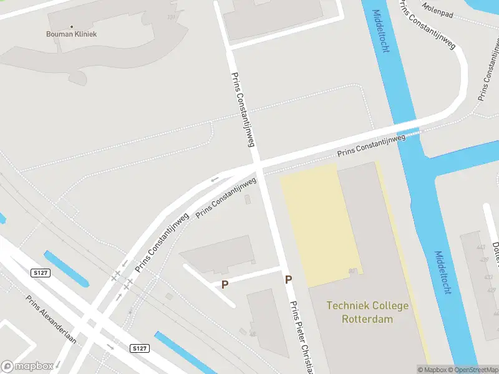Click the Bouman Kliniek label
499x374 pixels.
71,34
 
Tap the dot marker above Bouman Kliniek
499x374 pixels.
71,27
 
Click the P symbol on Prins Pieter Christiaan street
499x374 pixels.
288,280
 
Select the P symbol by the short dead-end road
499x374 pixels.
225,284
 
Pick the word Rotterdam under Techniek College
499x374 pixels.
367,319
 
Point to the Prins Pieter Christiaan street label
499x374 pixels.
300,337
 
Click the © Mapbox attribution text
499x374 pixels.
432,370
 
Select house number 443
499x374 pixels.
480,247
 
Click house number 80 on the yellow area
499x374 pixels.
352,271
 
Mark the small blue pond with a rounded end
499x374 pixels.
65,269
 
